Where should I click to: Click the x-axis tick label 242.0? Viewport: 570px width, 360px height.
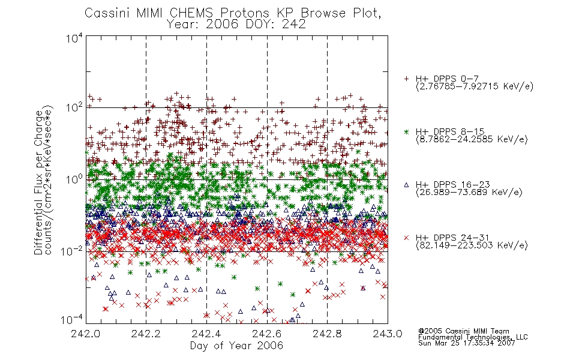[x=85, y=334]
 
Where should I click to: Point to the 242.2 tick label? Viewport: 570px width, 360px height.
[x=146, y=334]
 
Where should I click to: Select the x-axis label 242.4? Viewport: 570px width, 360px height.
[x=206, y=334]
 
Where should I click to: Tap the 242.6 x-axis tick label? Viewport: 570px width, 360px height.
[x=267, y=334]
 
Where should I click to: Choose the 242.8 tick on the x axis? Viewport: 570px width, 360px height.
[x=327, y=334]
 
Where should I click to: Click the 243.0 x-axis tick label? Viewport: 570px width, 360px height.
[x=388, y=334]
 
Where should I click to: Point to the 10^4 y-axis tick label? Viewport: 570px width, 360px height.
[x=74, y=38]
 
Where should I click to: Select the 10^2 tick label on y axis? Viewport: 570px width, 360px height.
[x=74, y=107]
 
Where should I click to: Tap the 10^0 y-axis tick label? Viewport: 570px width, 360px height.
[x=74, y=179]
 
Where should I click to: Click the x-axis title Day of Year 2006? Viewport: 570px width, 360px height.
[x=236, y=346]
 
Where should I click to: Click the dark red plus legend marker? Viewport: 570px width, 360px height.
[x=406, y=78]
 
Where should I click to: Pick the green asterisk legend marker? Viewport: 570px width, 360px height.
[x=406, y=131]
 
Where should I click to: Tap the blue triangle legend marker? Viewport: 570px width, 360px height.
[x=406, y=185]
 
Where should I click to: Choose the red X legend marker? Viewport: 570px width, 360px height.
[x=406, y=238]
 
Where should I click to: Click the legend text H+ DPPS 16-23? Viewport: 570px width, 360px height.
[x=452, y=185]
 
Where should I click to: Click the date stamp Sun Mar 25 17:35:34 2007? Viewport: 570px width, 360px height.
[x=466, y=343]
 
